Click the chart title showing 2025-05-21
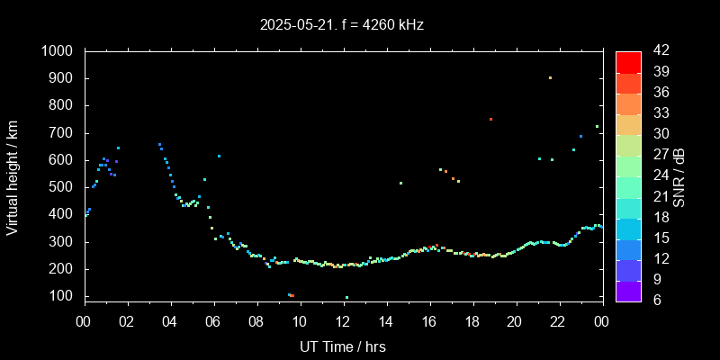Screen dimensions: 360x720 coord(341,25)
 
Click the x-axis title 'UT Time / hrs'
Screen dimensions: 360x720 coord(342,346)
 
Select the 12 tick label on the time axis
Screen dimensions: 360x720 coord(343,321)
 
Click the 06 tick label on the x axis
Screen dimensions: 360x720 coord(213,321)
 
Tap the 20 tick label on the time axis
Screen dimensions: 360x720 coord(515,321)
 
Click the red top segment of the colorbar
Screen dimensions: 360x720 coord(628,61)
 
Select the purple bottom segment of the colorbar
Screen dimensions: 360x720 coord(628,290)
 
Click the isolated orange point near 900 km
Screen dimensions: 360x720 coord(550,77)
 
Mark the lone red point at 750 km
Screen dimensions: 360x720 coord(490,119)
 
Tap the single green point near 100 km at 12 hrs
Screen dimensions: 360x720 coord(346,297)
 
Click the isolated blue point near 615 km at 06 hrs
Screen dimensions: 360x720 coord(219,156)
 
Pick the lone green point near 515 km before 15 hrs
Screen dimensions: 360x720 coord(400,183)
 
